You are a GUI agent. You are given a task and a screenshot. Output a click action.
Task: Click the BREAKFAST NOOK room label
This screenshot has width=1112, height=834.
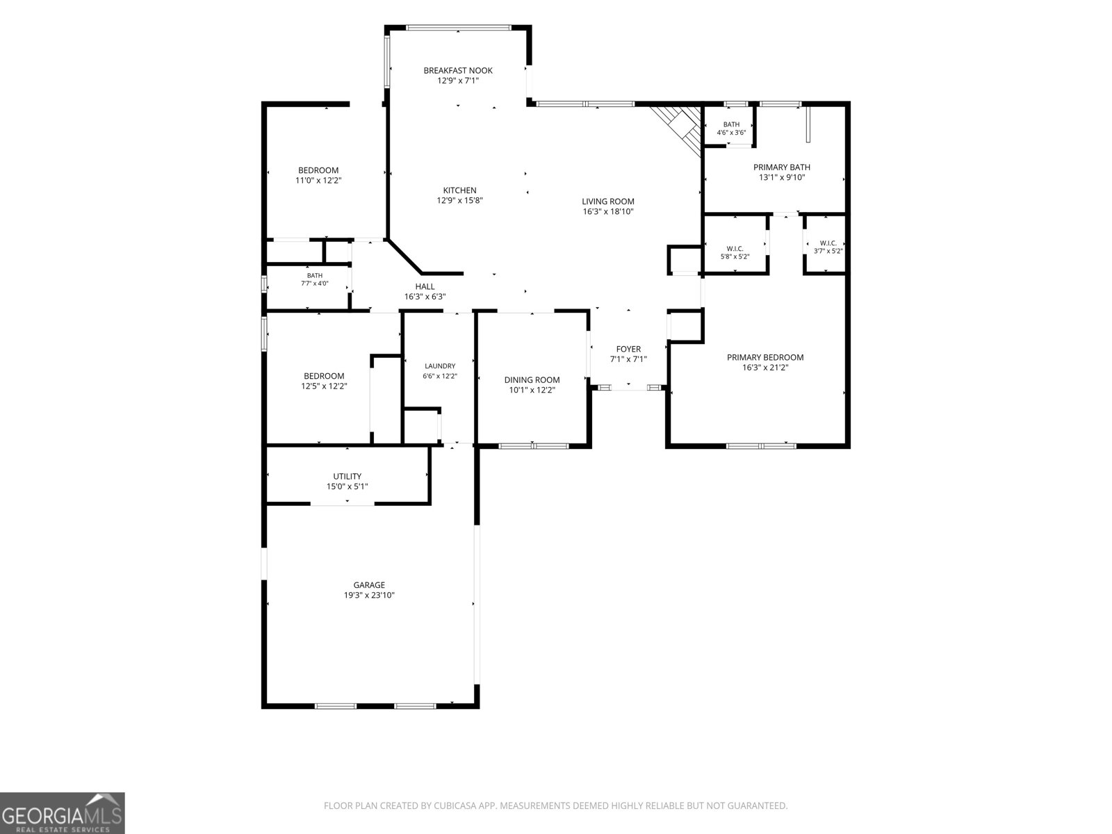[x=458, y=70]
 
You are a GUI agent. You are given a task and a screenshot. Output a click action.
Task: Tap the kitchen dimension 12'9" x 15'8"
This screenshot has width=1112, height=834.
[x=459, y=201]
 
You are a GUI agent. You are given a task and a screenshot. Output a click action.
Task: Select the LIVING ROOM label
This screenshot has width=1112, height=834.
[x=608, y=202]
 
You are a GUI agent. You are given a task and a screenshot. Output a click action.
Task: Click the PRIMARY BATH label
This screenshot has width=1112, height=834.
[x=782, y=167]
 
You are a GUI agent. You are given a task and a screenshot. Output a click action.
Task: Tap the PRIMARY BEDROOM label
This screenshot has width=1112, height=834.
[x=765, y=357]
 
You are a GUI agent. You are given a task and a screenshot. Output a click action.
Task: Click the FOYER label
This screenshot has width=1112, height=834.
[x=628, y=349]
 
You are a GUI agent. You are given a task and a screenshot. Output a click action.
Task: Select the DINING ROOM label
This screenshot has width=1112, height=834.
[x=532, y=379]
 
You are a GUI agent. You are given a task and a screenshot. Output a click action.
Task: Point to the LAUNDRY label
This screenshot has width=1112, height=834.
[x=440, y=366]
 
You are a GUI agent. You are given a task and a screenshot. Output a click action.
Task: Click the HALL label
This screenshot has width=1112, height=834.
[x=425, y=286]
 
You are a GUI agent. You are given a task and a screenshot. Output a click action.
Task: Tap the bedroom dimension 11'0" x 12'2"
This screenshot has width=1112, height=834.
[x=318, y=181]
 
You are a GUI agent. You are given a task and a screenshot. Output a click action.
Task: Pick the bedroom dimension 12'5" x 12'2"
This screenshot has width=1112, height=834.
[x=324, y=386]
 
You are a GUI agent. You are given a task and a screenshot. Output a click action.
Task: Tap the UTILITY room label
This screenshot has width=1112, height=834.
[x=347, y=477]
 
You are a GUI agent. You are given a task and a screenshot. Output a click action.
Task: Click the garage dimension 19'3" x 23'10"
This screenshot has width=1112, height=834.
[x=369, y=596]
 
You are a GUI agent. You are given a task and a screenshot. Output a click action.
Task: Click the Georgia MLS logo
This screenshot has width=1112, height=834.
[x=63, y=813]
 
